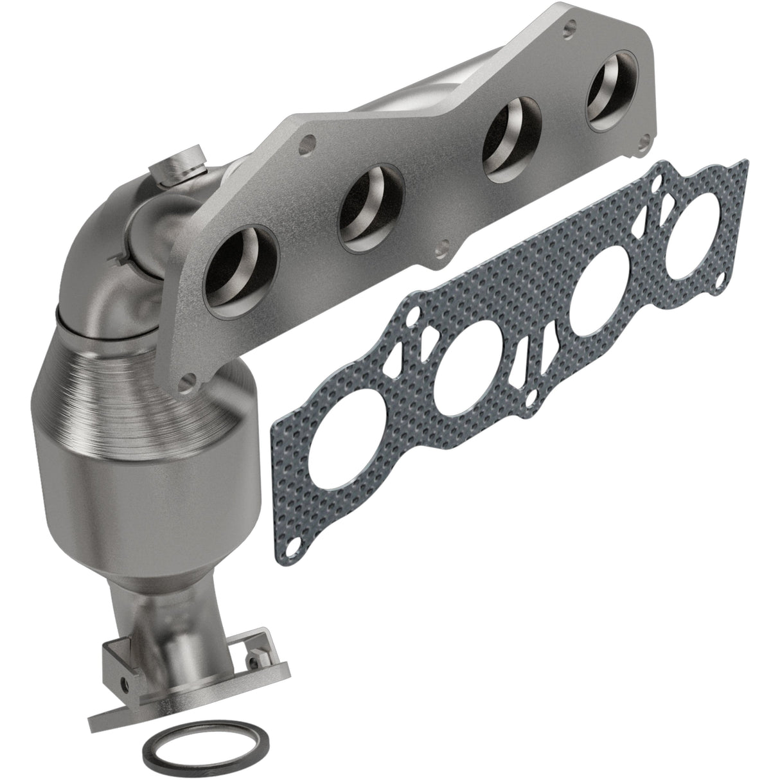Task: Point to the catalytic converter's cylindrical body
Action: coord(138,463)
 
